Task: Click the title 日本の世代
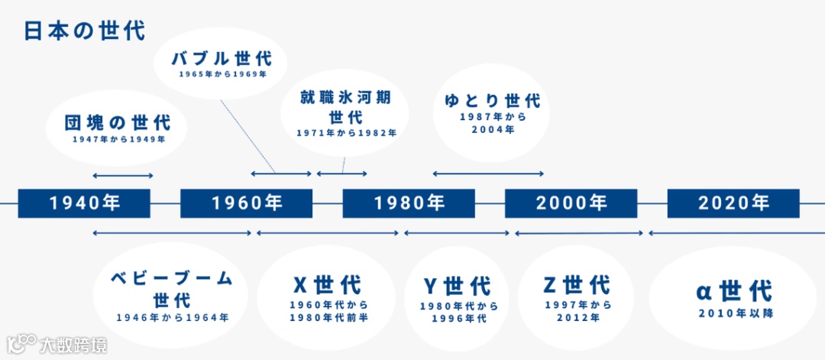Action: click(84, 31)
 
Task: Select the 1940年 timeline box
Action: click(84, 203)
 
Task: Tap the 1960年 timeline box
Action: click(246, 203)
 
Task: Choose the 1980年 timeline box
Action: click(409, 203)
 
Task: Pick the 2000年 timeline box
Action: click(571, 203)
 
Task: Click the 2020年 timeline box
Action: click(733, 203)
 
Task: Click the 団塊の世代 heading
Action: click(118, 123)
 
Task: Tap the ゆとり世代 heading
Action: click(492, 100)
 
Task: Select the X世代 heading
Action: click(327, 285)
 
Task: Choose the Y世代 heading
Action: click(457, 286)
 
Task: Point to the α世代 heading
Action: click(734, 291)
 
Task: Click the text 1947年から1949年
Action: click(118, 140)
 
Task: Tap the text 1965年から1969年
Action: click(223, 75)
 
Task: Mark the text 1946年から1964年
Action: click(172, 317)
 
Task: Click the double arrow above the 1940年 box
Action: click(122, 176)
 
